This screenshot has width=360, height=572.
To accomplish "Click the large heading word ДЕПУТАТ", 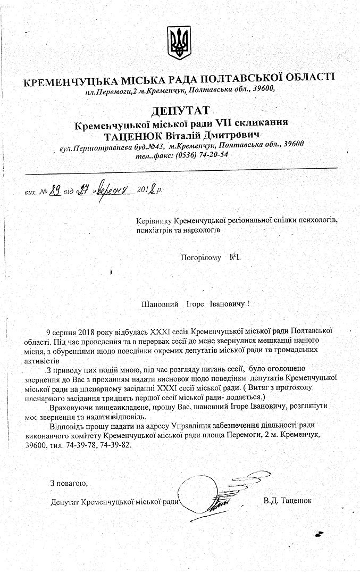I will (x=180, y=111).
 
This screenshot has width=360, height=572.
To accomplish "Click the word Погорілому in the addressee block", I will (x=200, y=258).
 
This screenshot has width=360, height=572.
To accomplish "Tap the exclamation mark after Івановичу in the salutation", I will (x=248, y=304).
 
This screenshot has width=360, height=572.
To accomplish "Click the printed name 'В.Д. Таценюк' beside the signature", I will (x=287, y=501).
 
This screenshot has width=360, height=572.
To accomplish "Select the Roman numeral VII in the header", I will (x=220, y=122).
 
